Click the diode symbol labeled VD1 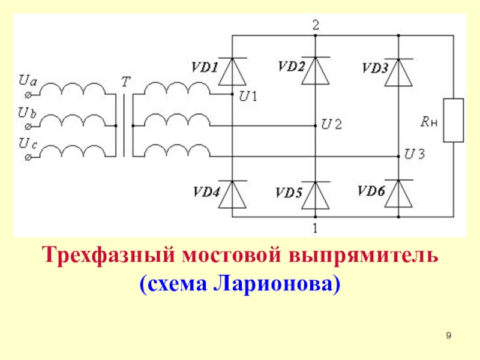point(232,71)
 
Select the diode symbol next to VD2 point(316,71)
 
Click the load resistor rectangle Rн point(454,120)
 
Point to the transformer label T point(124,82)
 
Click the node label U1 point(248,95)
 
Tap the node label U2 point(331,125)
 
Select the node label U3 point(415,154)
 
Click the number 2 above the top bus point(316,25)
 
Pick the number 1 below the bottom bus point(316,227)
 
